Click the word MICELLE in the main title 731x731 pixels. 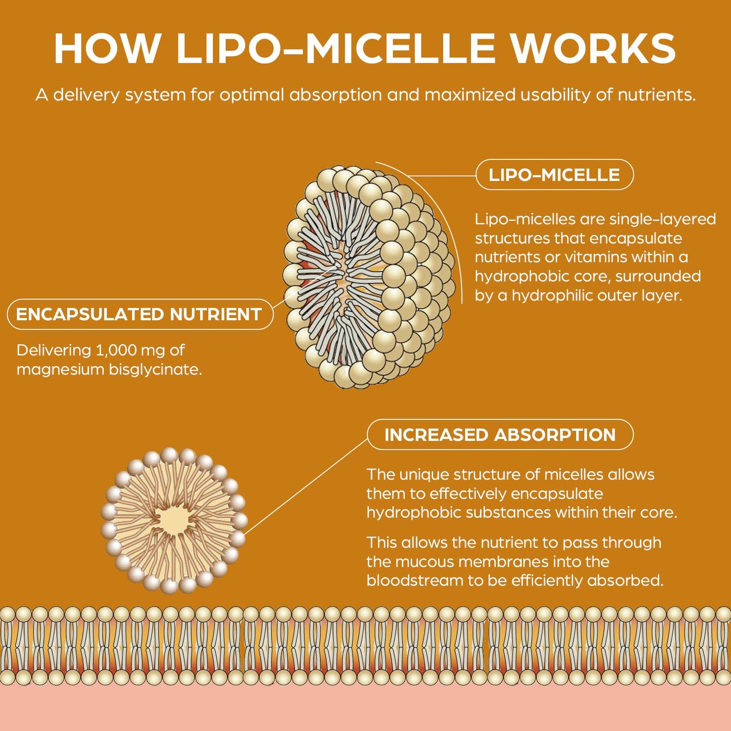pyautogui.click(x=400, y=49)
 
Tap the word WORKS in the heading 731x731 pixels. pyautogui.click(x=592, y=49)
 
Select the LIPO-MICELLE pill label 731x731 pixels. pyautogui.click(x=554, y=175)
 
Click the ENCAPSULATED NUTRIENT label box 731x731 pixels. pyautogui.click(x=140, y=314)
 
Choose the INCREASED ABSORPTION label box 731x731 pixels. pyautogui.click(x=500, y=435)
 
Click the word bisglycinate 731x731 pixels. pyautogui.click(x=155, y=369)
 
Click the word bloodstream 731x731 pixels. pyautogui.click(x=415, y=580)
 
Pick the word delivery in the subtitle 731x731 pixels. pyautogui.click(x=86, y=95)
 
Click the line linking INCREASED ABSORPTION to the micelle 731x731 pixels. pyautogui.click(x=306, y=487)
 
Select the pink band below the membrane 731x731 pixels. pyautogui.click(x=365, y=708)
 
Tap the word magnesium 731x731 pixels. pyautogui.click(x=60, y=369)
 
